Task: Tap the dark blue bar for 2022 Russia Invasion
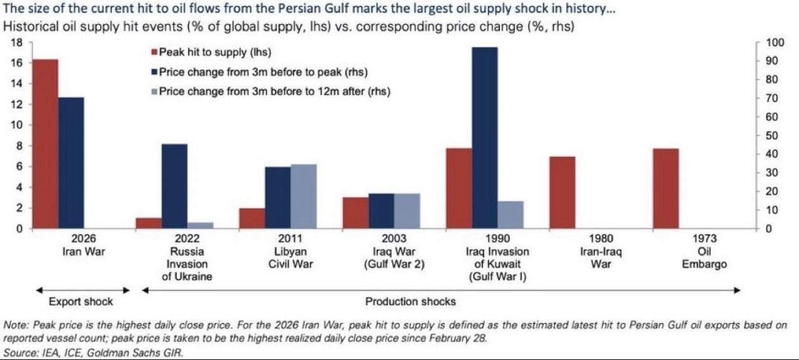click(174, 186)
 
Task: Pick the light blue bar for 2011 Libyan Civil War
click(304, 196)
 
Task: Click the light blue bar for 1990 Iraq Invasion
click(511, 215)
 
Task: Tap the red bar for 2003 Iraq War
click(356, 213)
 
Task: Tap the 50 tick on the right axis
click(773, 136)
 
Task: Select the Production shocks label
click(410, 301)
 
